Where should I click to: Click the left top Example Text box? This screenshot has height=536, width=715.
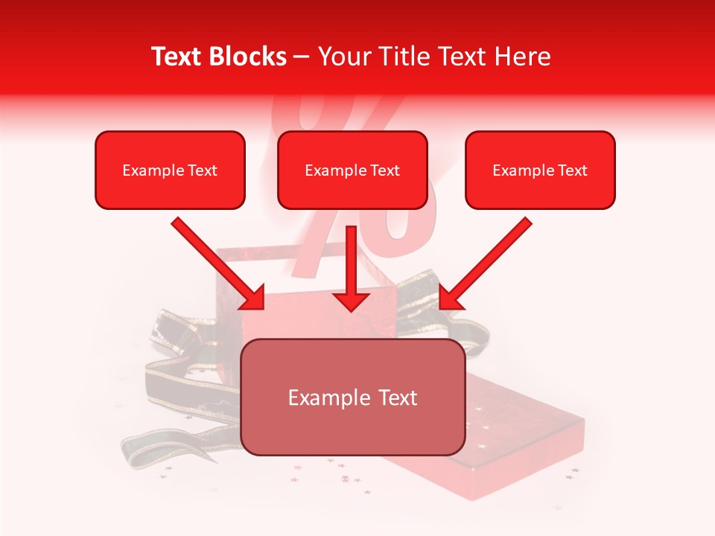(170, 170)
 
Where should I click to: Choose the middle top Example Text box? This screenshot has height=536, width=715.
(352, 170)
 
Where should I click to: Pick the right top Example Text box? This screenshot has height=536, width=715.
(540, 170)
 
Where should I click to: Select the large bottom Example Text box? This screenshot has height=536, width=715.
(353, 398)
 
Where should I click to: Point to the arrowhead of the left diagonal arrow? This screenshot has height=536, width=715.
(253, 299)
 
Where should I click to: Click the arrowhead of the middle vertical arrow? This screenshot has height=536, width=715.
(351, 301)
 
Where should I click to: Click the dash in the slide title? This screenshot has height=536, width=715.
(302, 57)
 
